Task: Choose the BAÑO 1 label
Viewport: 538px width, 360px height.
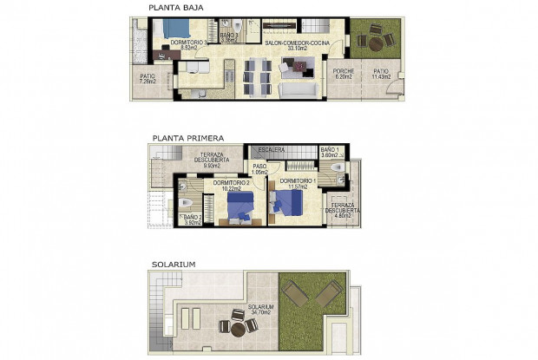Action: [x=331, y=153]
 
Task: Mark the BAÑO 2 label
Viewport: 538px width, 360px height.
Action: [x=192, y=219]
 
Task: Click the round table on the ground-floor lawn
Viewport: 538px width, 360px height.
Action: [x=376, y=41]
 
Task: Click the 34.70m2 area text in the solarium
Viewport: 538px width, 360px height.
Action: [x=259, y=312]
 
